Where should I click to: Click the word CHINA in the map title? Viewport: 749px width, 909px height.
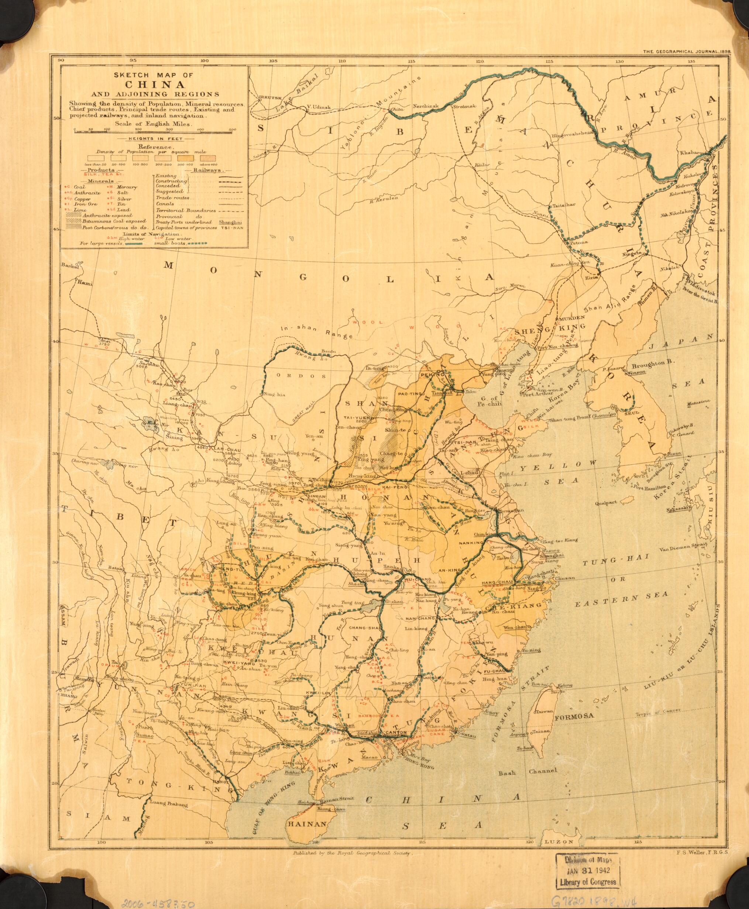click(153, 84)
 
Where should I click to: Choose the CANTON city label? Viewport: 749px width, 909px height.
click(393, 745)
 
